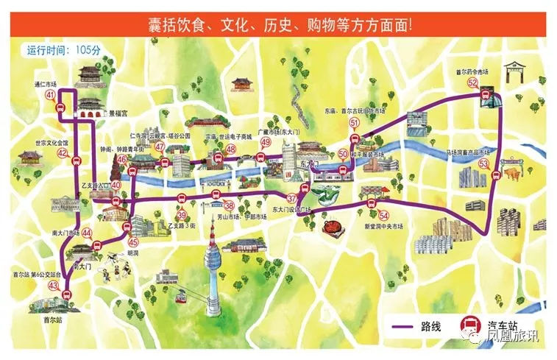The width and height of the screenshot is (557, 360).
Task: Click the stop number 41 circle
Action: [x=50, y=96]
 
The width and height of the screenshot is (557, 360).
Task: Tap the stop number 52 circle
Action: [x=472, y=83]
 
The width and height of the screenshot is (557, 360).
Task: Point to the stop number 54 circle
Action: [x=384, y=215]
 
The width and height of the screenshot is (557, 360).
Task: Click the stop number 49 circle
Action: [x=266, y=142]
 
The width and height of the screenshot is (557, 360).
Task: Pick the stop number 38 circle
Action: [x=229, y=205]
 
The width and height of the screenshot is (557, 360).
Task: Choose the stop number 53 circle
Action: [x=483, y=164]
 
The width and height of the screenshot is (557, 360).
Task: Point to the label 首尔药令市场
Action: [x=472, y=72]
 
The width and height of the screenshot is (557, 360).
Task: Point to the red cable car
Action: [x=179, y=298]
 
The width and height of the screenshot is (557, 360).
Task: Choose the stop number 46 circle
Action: [x=121, y=158]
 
